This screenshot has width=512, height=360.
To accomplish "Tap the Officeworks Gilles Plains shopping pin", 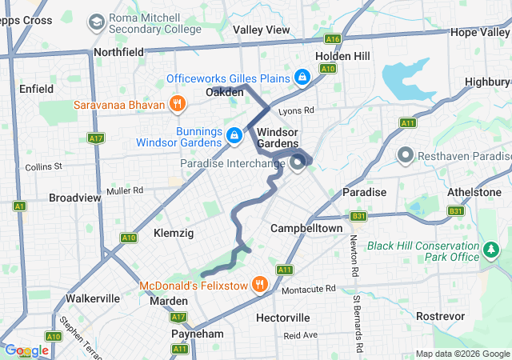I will coord(302,78).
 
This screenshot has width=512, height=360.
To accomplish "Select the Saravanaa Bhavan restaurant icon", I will coord(177,104).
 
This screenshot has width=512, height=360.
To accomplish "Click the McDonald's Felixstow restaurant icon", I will coord(259,285).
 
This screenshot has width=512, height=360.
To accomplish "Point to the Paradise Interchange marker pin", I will coord(298,164).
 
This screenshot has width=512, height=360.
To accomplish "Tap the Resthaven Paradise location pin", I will coord(406,154).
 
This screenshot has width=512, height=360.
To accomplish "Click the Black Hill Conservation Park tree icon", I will coord(490,251).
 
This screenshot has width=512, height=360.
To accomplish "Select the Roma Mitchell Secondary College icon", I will coord(96,22).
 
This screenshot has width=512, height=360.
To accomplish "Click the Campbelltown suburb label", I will coord(306,228).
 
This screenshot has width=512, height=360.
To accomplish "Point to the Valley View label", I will coord(262,30).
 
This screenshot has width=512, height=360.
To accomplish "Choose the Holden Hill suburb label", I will coord(342,56).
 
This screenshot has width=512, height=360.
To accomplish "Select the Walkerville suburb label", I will coord(93,298).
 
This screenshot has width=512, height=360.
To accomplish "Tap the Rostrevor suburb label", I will coord(441,316).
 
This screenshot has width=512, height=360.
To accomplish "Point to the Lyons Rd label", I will coord(297,110).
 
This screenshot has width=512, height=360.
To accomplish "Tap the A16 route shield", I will coord(332,38).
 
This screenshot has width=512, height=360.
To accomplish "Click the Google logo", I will coord(26,350).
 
